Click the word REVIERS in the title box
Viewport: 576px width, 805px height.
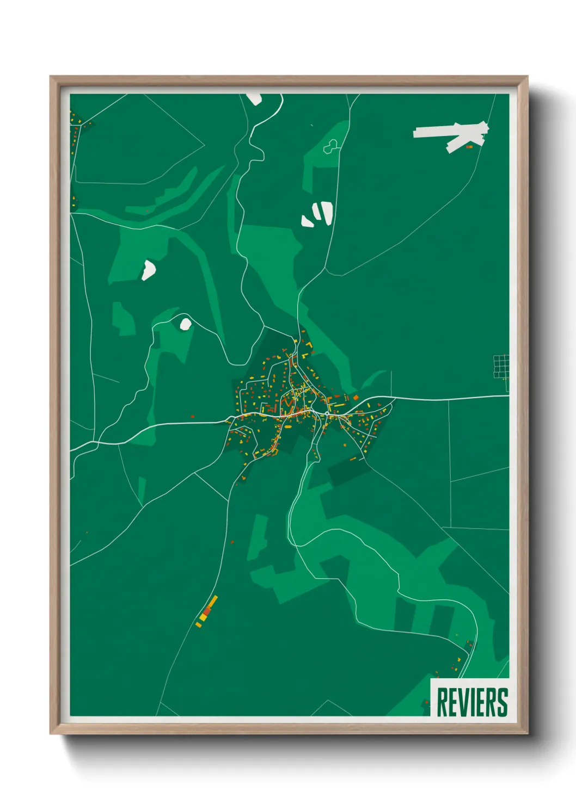point(471,702)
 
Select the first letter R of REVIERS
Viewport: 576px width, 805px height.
point(442,702)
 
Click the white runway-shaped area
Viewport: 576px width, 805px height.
point(452,133)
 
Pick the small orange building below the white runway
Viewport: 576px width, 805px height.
point(469,146)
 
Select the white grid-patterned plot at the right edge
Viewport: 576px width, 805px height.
point(501,366)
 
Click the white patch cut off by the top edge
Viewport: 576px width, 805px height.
point(254,98)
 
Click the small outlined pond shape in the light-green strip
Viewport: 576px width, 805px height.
point(331,146)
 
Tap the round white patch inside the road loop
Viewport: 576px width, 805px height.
point(186,324)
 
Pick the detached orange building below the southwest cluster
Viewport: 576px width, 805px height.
point(199,625)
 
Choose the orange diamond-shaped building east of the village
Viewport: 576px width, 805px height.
point(356,398)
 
